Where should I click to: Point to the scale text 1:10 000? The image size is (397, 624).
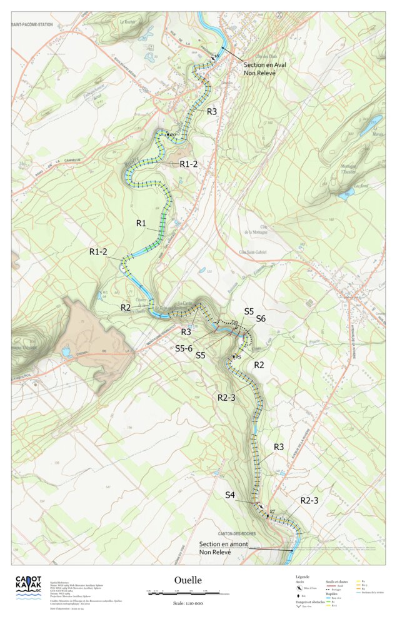click(188, 603)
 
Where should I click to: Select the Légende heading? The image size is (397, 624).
click(303, 576)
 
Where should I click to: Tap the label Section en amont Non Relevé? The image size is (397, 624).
click(223, 548)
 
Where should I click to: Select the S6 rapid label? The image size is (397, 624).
click(261, 319)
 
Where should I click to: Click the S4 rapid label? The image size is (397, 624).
click(230, 495)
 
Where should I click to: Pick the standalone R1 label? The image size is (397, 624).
click(141, 223)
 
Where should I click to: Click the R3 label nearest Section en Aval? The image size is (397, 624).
click(212, 111)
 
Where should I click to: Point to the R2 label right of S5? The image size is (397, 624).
click(259, 365)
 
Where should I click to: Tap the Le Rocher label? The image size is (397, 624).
click(128, 21)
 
